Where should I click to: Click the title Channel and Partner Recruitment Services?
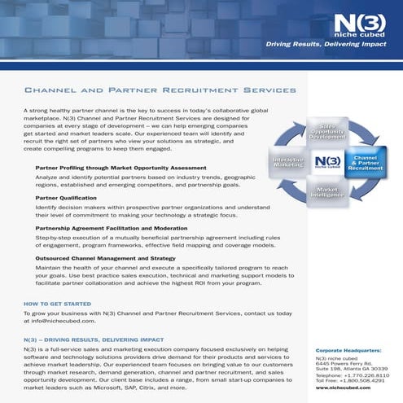click(160, 90)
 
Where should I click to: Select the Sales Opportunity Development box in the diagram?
click(326, 132)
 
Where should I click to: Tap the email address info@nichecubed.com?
click(65, 321)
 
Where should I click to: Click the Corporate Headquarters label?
click(349, 351)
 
